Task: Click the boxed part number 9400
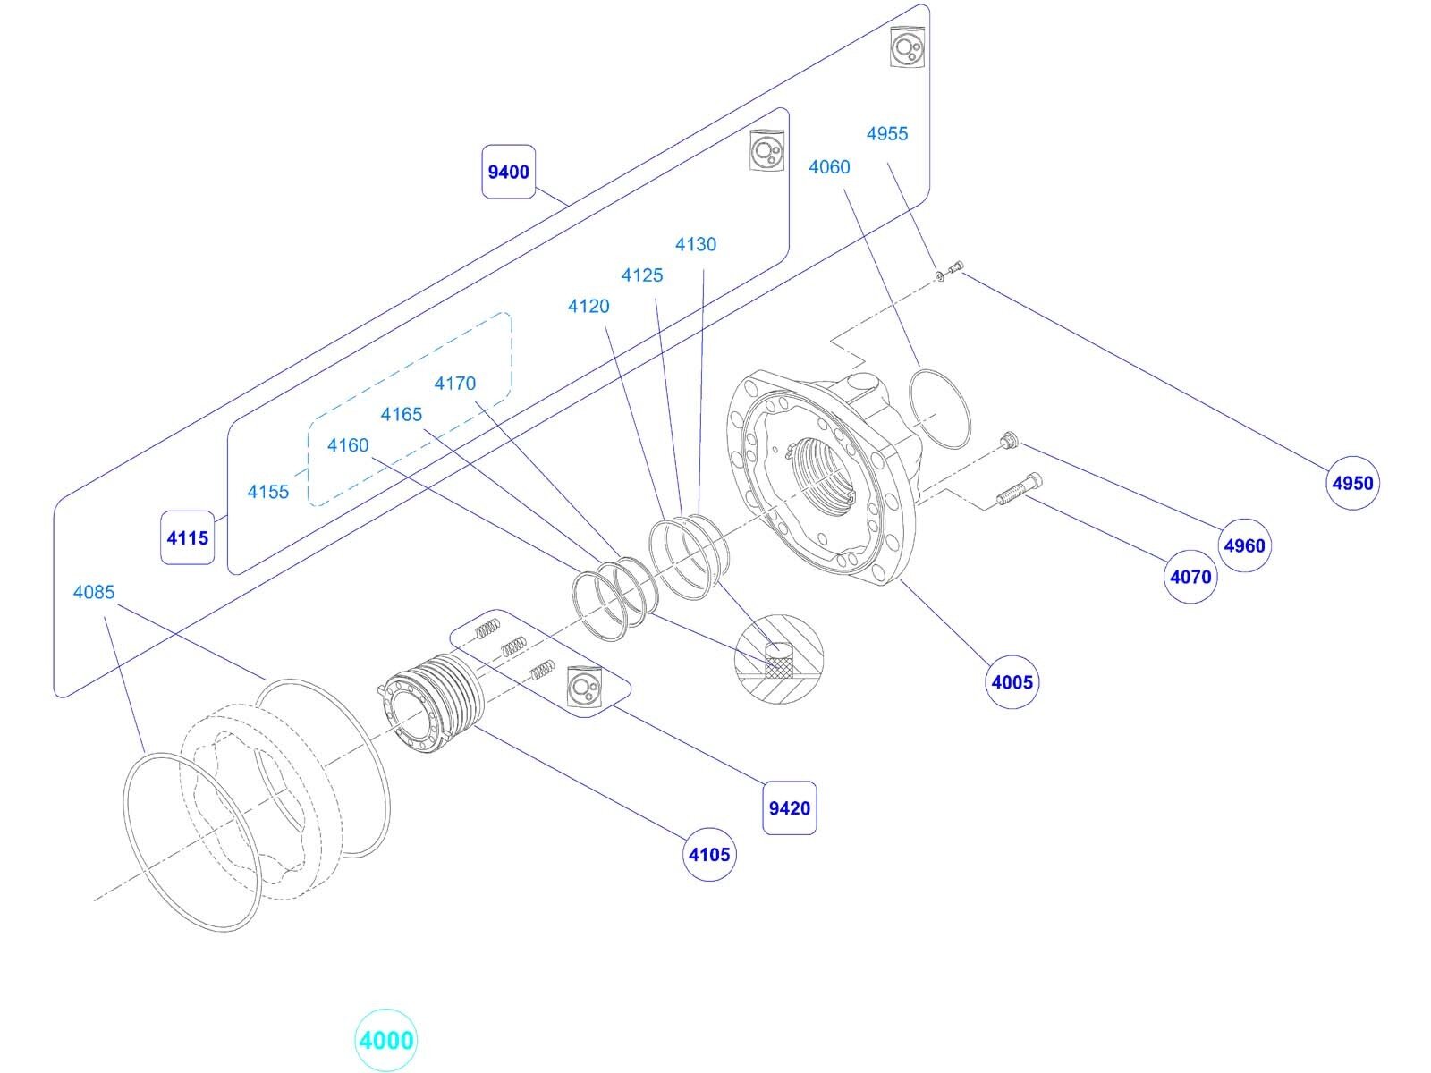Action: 509,171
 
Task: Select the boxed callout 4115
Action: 188,537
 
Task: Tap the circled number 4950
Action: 1352,483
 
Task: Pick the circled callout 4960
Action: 1245,545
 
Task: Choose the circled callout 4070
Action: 1190,577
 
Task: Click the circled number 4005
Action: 1012,682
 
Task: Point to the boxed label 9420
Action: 789,808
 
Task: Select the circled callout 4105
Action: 709,854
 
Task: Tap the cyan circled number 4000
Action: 386,1041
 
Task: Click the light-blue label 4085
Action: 94,592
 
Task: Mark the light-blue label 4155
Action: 268,491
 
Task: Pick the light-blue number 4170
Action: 455,383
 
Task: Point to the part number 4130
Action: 696,244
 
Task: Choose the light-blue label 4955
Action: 887,133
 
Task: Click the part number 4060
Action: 829,166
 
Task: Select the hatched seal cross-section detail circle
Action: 777,657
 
